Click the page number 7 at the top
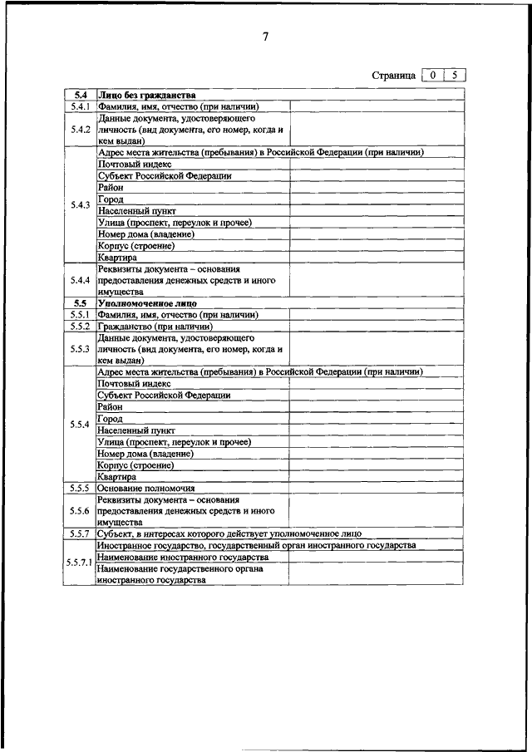tap(265, 37)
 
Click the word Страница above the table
tap(393, 76)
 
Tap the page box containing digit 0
tap(433, 75)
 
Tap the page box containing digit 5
tap(454, 75)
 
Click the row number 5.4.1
tap(80, 106)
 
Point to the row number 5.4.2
tap(80, 130)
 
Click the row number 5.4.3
tap(80, 205)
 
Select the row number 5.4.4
tap(80, 280)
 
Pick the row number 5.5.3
tap(80, 350)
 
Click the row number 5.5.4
tap(80, 425)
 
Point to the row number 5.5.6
tap(80, 511)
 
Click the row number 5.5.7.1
tap(80, 563)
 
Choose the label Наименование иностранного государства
tap(182, 557)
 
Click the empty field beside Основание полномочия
tap(377, 489)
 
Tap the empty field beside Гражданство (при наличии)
tap(377, 327)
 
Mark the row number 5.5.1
tap(80, 316)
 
